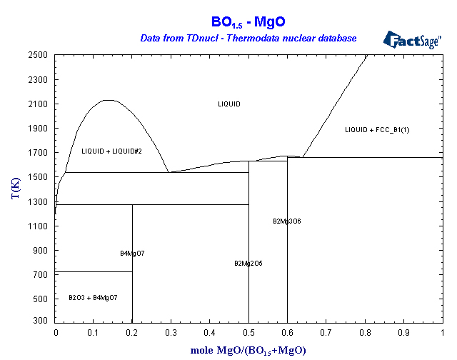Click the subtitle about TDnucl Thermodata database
[x=248, y=37]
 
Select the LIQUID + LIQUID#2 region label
[x=111, y=151]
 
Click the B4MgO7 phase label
[x=132, y=254]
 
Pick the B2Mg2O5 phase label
[x=248, y=264]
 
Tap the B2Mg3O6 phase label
[x=287, y=221]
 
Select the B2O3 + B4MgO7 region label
[x=93, y=297]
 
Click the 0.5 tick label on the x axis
[x=248, y=333]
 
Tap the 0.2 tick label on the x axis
[x=133, y=333]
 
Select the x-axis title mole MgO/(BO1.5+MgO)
[x=248, y=350]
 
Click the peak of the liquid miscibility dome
[x=106, y=100]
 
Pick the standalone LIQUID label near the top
[x=229, y=104]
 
